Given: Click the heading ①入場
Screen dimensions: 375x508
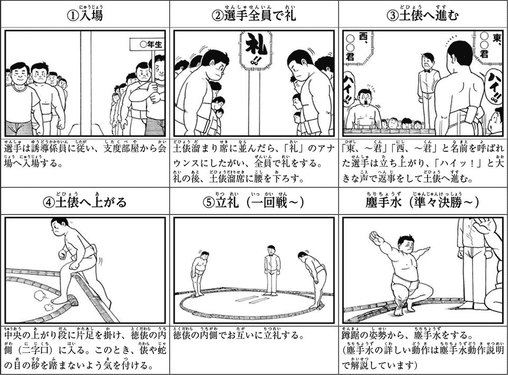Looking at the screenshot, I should point(85,14).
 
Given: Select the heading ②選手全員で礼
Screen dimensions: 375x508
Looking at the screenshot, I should point(253,14).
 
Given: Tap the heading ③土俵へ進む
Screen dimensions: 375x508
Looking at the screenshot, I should point(423,14).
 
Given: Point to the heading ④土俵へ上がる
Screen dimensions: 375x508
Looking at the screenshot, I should point(85,202).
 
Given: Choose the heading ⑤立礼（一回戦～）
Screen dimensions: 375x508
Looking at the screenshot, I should point(253,202).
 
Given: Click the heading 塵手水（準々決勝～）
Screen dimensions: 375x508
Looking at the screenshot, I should point(423,202).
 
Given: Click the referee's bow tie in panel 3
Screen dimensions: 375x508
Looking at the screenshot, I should point(426,72).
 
